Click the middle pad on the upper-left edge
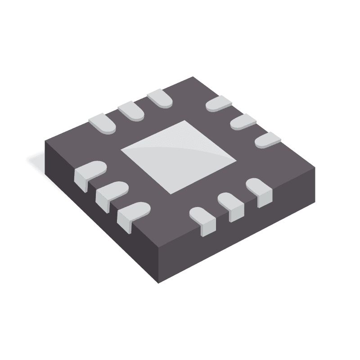click(131, 111)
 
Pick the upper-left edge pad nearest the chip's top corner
click(160, 99)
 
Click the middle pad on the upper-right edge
click(243, 121)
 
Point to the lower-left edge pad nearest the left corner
click(89, 173)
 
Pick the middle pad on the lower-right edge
click(231, 204)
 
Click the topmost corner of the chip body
click(193, 77)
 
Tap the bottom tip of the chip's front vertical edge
click(158, 283)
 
